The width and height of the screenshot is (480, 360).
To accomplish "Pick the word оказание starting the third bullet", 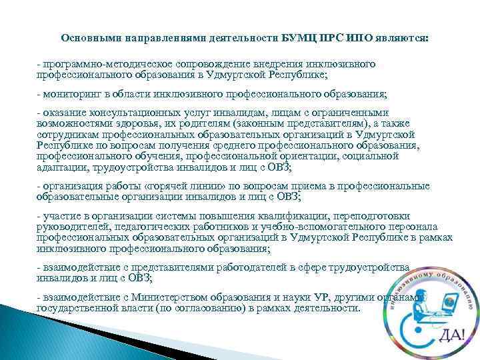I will (x=63, y=113).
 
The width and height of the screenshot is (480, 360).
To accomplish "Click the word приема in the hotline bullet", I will (x=299, y=185).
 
